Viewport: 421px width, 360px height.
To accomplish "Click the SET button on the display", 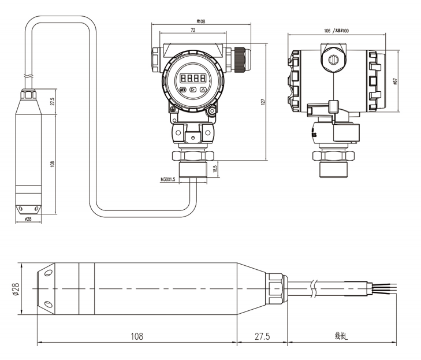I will [183, 90].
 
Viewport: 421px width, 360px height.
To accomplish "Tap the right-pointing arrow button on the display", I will [193, 90].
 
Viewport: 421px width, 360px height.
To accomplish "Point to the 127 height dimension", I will [263, 101].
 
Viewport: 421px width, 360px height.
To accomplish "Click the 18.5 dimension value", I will [215, 169].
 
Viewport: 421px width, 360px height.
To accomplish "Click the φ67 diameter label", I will [394, 81].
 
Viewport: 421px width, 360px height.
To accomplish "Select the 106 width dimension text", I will [327, 30].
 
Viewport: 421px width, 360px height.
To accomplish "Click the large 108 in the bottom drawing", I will [137, 336].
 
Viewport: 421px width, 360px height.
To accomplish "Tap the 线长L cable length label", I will [341, 336].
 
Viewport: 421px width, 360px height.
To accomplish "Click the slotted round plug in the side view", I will [333, 60].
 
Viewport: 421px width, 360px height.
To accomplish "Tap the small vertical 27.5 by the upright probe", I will [53, 102].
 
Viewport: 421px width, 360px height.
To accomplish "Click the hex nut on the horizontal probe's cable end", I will [276, 287].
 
